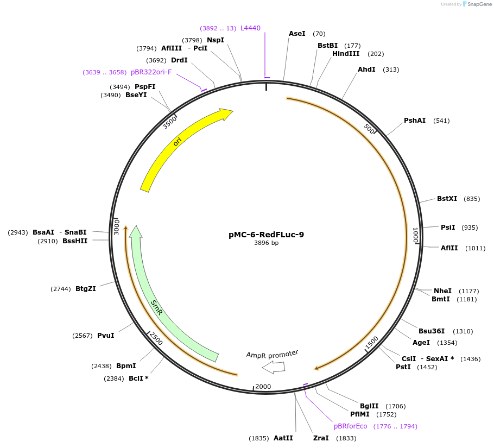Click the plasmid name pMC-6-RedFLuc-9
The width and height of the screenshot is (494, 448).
tap(266, 235)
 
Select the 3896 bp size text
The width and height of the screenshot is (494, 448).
tap(266, 243)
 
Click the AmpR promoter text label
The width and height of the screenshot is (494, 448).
tap(272, 354)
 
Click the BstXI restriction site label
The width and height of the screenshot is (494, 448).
tap(447, 199)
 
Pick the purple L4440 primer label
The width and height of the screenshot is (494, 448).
tap(250, 28)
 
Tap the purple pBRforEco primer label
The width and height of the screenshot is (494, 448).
tap(350, 426)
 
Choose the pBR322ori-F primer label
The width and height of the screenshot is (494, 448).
tap(151, 72)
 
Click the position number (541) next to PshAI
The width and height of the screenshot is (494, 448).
tap(441, 121)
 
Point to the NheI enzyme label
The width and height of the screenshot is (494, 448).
tap(442, 291)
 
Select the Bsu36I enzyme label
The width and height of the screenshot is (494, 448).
tap(431, 331)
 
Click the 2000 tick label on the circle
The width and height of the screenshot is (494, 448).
tap(263, 387)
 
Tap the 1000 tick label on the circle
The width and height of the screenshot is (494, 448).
tap(415, 236)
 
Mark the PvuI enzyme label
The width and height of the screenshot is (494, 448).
tap(105, 335)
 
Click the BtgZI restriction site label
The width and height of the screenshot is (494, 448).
tap(86, 289)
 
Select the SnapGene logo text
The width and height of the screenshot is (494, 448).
tap(478, 4)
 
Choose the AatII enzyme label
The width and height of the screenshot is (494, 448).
tap(283, 438)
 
